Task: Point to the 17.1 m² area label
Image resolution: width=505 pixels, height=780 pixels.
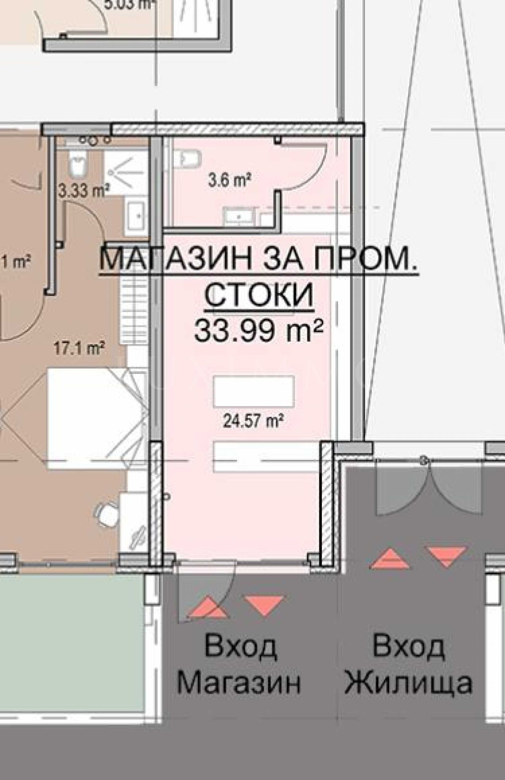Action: (x=79, y=349)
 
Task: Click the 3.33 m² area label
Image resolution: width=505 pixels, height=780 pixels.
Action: (x=84, y=191)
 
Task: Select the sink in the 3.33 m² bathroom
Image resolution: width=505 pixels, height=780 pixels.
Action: (x=136, y=215)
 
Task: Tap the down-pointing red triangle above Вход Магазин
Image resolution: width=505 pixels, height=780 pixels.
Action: (x=264, y=605)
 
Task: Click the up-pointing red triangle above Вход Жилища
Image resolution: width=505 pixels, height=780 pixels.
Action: (x=389, y=559)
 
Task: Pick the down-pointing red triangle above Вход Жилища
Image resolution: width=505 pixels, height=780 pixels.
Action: (x=447, y=555)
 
